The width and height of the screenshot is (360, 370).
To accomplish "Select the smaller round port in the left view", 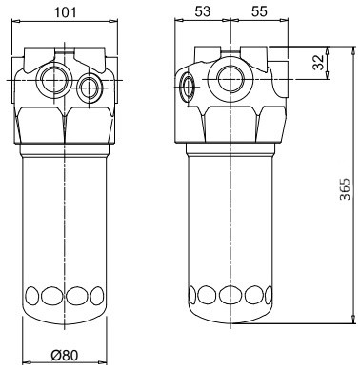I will (90, 88).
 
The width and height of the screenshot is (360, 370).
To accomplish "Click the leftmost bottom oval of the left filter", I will (33, 294).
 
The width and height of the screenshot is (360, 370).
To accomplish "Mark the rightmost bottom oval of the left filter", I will (95, 294).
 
